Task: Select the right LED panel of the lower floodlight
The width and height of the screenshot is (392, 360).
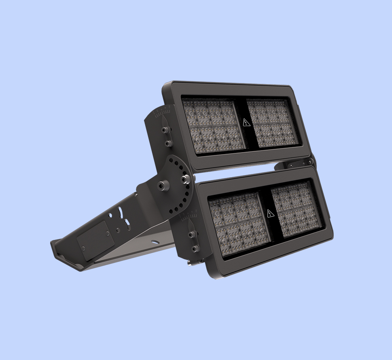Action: (297, 211)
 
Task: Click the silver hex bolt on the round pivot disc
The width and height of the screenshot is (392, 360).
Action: (186, 178)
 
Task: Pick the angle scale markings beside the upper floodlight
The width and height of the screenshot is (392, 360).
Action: (161, 112)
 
